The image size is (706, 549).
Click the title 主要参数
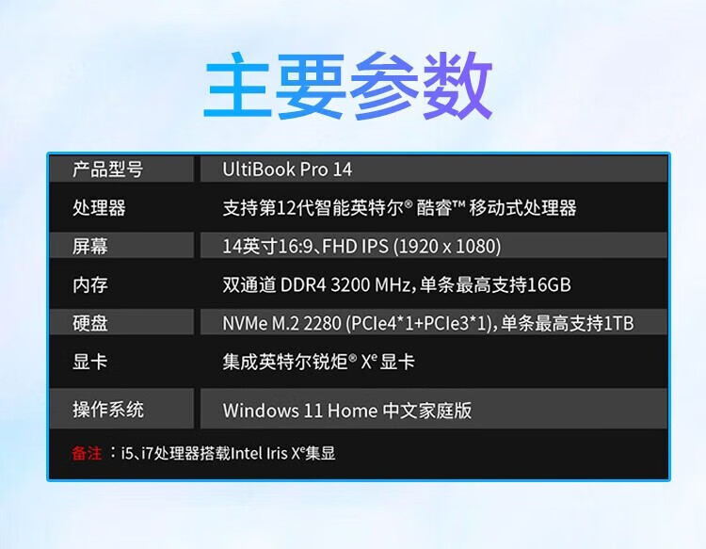tap(348, 86)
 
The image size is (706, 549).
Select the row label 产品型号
tap(108, 170)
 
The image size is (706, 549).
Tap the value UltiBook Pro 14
tap(287, 170)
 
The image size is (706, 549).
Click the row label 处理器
tap(99, 207)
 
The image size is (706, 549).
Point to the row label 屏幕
tap(90, 246)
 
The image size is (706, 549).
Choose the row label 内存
tap(90, 284)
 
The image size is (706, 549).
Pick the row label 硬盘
tap(90, 323)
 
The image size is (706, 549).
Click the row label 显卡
tap(90, 362)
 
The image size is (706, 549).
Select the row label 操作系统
tap(108, 410)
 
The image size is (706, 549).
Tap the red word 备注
tap(87, 453)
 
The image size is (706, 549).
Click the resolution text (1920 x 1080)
tap(447, 247)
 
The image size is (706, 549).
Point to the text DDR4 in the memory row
tap(303, 285)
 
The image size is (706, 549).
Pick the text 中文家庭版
tap(427, 411)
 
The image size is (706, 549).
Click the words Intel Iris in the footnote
tap(259, 453)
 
